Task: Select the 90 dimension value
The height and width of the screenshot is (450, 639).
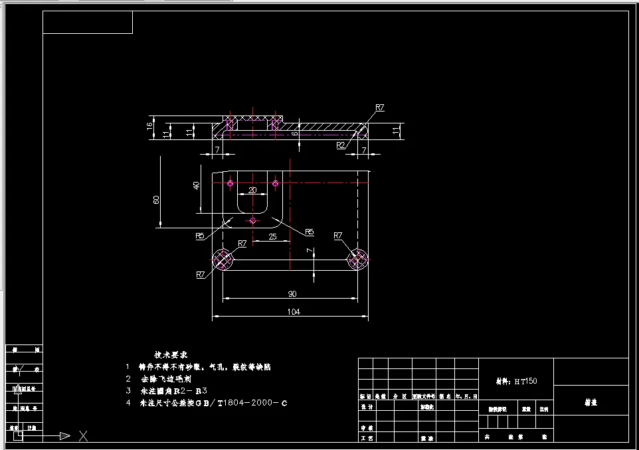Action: (292, 293)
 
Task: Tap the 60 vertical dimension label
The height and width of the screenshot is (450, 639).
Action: (157, 200)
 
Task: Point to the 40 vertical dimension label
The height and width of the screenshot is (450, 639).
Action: (196, 185)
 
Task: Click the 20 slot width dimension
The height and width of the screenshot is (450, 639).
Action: (252, 190)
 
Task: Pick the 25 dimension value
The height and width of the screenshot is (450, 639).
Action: (272, 236)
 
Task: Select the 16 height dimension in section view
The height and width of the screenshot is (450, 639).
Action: (150, 124)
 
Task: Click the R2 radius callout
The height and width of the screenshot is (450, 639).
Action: (341, 144)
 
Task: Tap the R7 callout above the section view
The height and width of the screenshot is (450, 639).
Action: (380, 107)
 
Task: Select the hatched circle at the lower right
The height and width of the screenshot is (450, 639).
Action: (358, 259)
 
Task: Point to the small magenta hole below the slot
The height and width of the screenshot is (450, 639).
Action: (252, 220)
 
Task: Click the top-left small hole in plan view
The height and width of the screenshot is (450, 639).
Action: (230, 183)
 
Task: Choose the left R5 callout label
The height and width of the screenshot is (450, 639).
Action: (200, 236)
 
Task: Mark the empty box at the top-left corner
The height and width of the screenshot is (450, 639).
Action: (88, 23)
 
